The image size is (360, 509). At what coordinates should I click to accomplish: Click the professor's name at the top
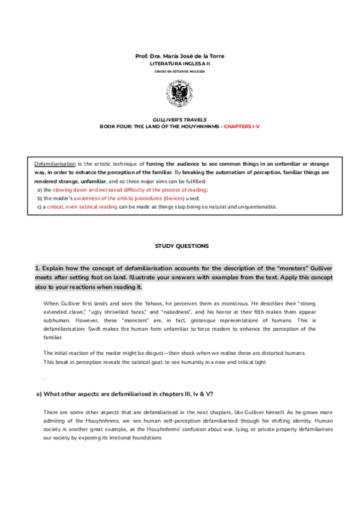[179, 56]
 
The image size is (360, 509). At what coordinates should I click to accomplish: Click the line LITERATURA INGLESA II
[179, 63]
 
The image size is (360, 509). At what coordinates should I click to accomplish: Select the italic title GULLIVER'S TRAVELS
[179, 121]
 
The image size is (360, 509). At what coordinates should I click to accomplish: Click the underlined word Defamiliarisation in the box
[55, 163]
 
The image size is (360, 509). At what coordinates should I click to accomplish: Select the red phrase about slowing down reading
[130, 189]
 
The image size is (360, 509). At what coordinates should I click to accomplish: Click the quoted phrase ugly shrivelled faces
[113, 313]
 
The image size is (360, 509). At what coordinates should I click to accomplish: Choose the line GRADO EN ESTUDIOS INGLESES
[179, 71]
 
